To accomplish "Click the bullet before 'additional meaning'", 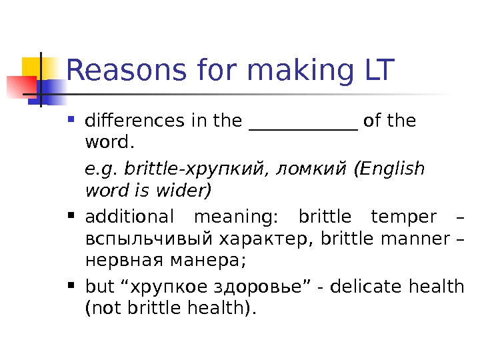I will point(73,216).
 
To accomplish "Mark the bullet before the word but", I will point(73,286).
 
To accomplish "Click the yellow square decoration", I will point(37,69).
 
